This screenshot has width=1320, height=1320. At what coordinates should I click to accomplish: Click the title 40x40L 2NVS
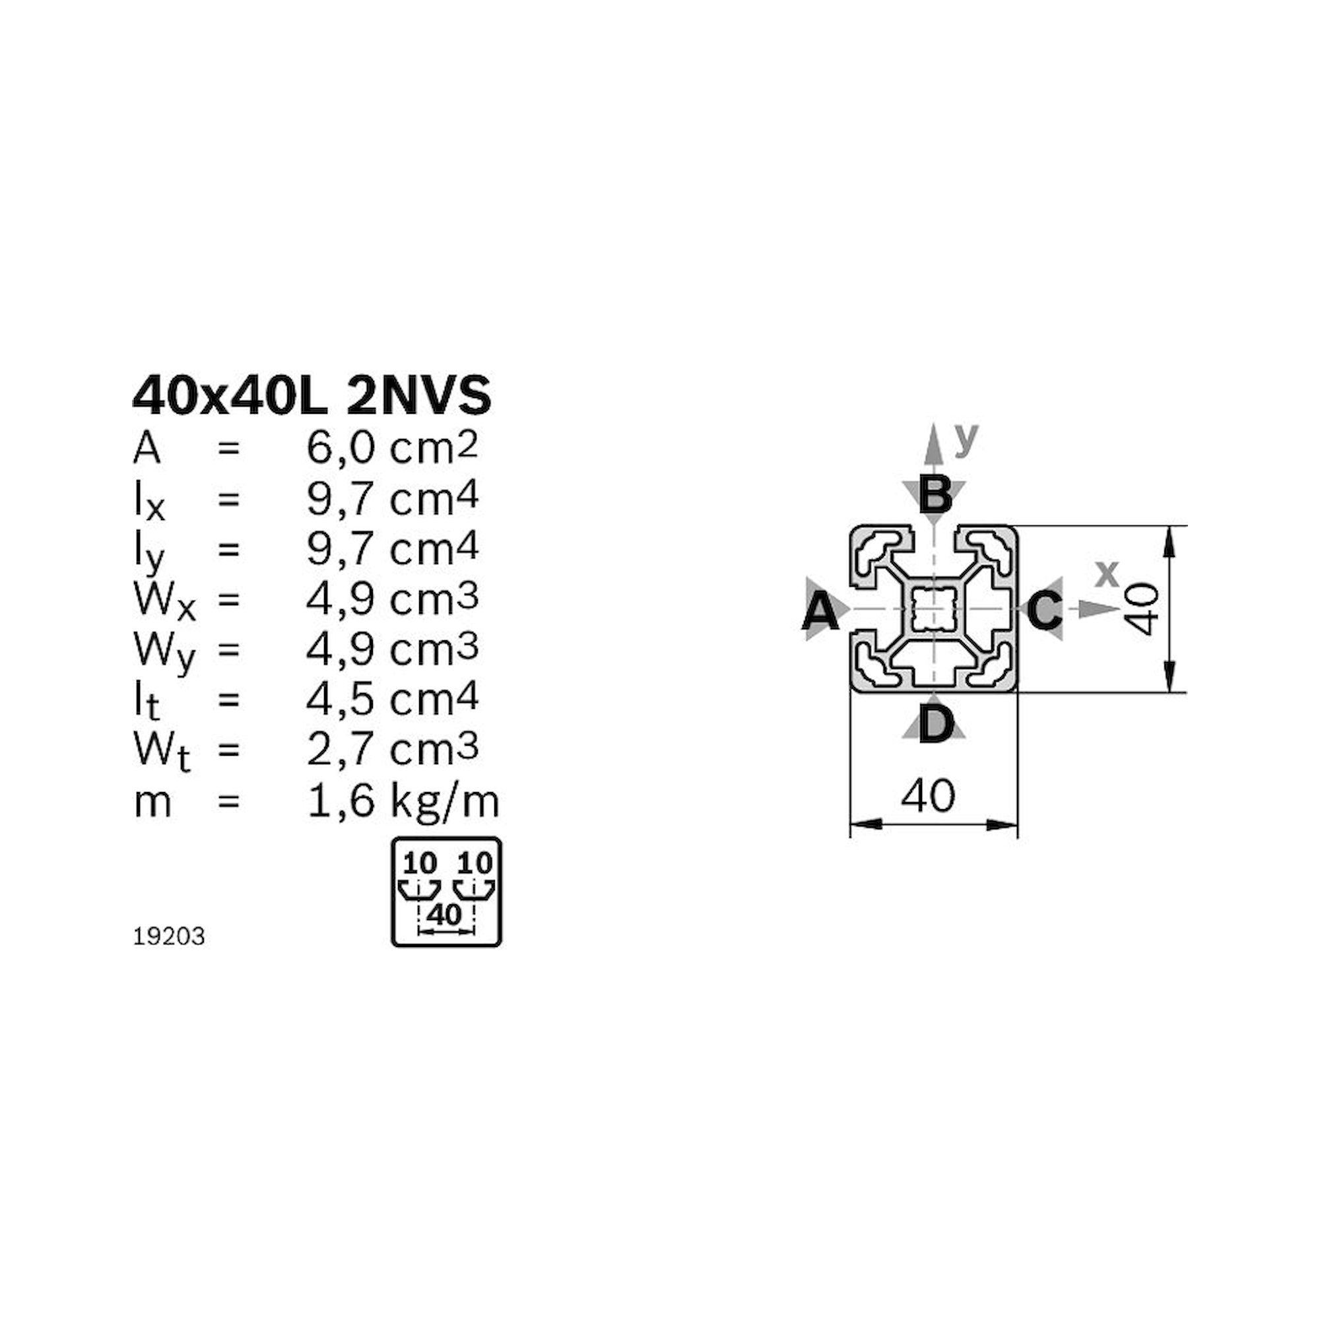click(312, 396)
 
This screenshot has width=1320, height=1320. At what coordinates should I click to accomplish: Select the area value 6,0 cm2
click(392, 449)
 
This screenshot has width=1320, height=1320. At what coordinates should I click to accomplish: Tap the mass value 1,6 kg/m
click(403, 801)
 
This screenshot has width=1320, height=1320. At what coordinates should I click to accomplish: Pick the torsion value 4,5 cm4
click(392, 699)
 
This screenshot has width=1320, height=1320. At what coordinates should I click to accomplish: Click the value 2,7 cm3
click(392, 750)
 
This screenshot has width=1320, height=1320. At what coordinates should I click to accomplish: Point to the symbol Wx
click(164, 601)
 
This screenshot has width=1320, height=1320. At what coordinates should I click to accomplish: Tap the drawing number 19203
click(169, 937)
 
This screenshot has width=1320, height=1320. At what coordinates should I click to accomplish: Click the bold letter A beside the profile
click(820, 612)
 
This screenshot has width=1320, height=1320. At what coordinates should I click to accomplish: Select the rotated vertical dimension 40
click(1143, 609)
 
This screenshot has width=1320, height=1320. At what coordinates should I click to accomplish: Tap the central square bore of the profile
click(934, 608)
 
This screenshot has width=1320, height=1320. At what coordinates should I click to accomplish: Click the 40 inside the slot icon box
click(444, 915)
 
